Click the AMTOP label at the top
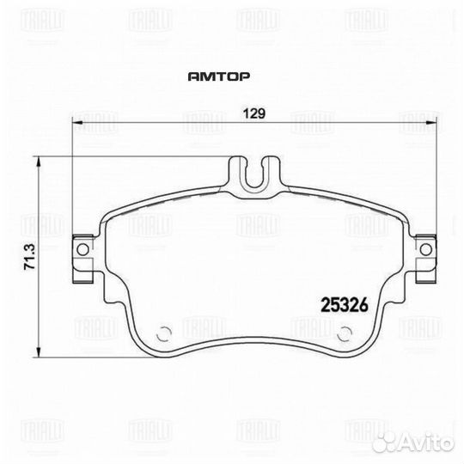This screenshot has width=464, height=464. [x=218, y=76]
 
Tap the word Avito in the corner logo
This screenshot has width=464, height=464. [x=433, y=443]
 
